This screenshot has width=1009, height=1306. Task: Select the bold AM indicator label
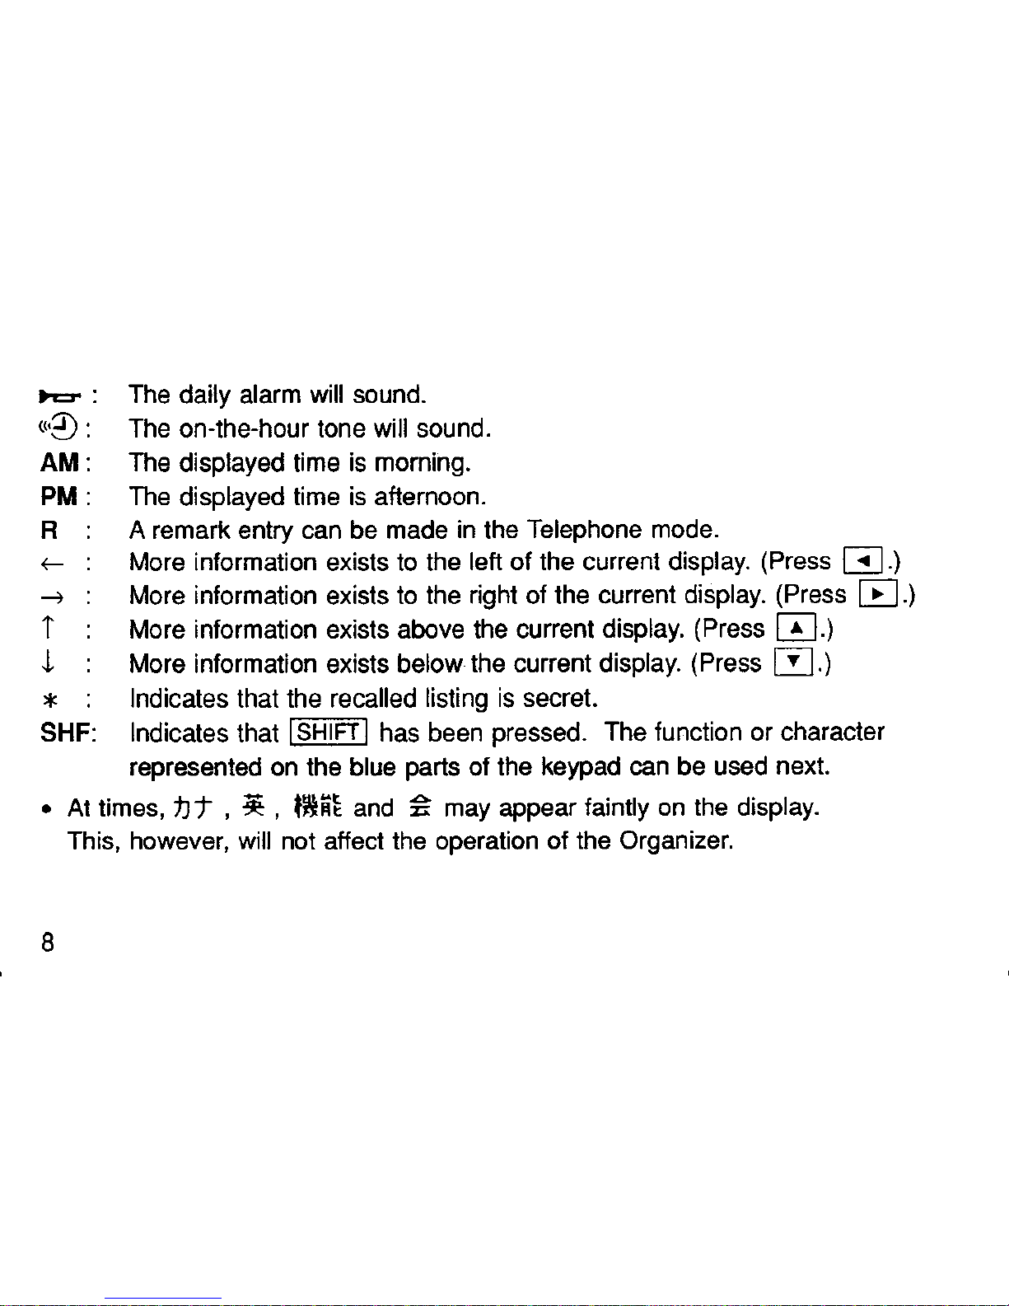click(59, 463)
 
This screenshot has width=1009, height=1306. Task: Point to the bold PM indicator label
click(59, 497)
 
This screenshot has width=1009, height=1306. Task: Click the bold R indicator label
click(49, 531)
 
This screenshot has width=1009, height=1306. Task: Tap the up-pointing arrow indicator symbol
click(49, 631)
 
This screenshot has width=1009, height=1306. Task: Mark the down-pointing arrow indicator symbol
click(49, 665)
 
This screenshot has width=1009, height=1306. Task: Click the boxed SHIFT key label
click(329, 733)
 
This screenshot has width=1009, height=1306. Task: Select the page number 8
click(48, 943)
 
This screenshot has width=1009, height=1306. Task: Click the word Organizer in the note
click(675, 841)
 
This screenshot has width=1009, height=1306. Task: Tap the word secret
click(558, 699)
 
